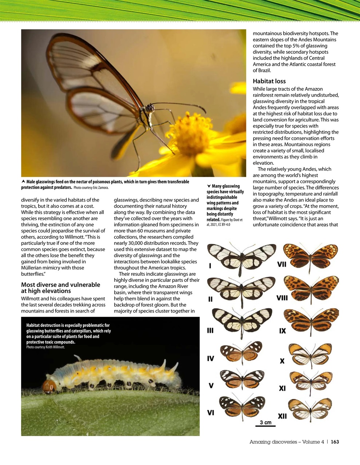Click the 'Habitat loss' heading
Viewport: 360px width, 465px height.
(269, 81)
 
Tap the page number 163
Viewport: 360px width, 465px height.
(335, 442)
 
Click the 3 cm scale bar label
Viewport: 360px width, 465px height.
(265, 422)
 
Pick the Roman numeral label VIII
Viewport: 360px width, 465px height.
(282, 298)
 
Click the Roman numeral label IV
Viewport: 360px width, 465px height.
(211, 359)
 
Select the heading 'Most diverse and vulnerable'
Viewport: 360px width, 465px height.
(60, 285)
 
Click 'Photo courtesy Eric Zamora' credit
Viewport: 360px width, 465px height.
(91, 188)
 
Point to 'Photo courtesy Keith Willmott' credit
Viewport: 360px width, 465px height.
(45, 347)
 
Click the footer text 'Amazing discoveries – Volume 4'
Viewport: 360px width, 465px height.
(287, 442)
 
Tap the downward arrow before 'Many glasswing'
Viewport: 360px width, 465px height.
(208, 186)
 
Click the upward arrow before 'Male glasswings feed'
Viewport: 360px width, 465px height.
(23, 182)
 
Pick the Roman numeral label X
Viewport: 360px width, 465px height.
(282, 361)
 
